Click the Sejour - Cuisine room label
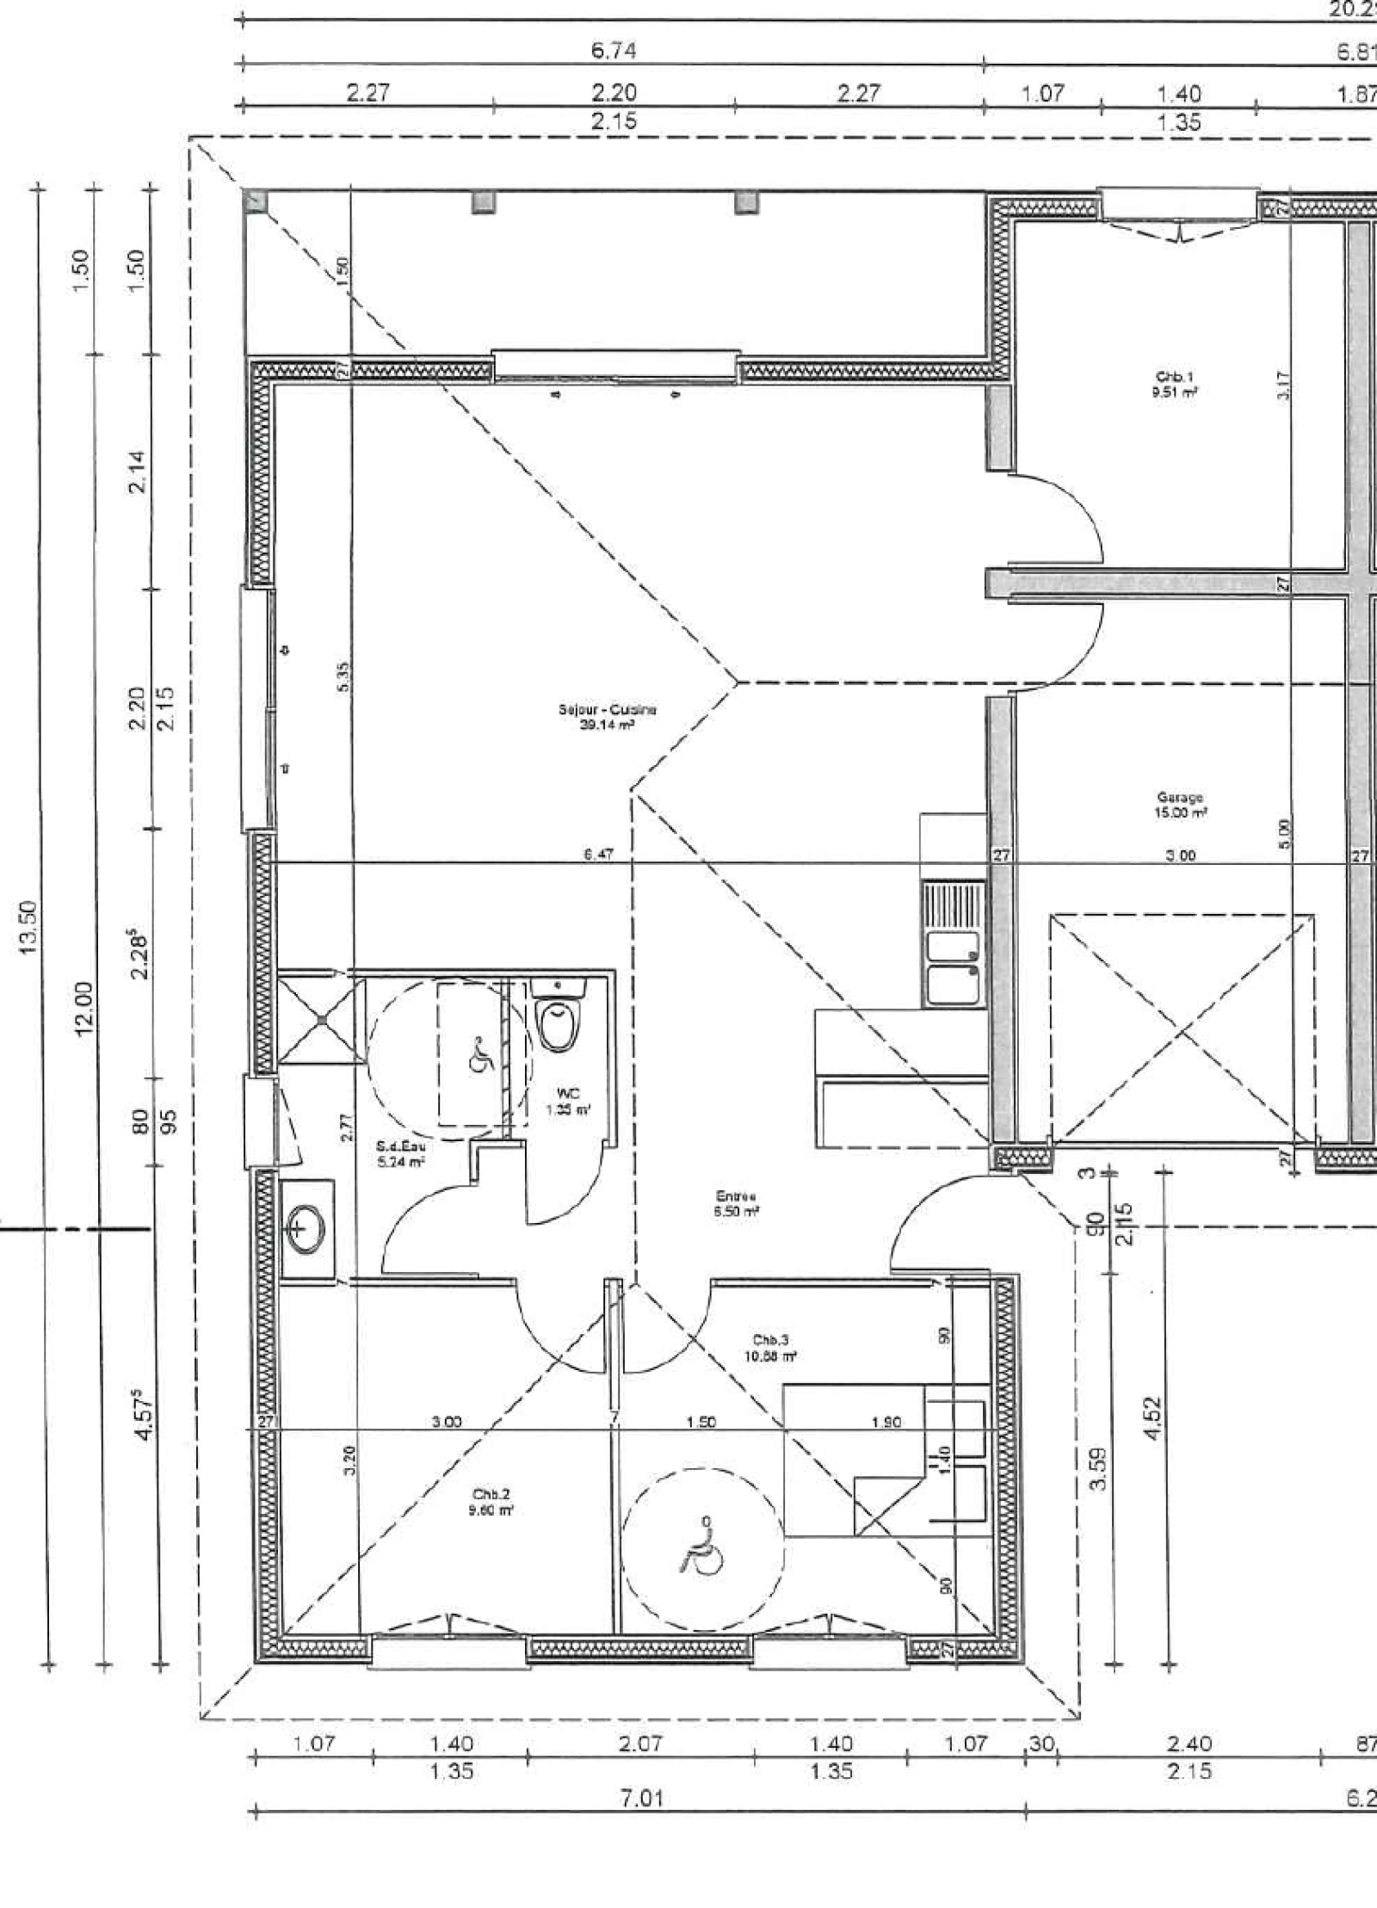coord(607,717)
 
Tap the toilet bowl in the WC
coord(557,1026)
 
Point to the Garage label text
coord(1180,798)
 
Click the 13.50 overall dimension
coord(28,927)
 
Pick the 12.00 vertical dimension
coord(83,1009)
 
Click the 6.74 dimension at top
coord(614,51)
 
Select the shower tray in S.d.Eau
coord(319,1019)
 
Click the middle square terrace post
coord(484,201)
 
